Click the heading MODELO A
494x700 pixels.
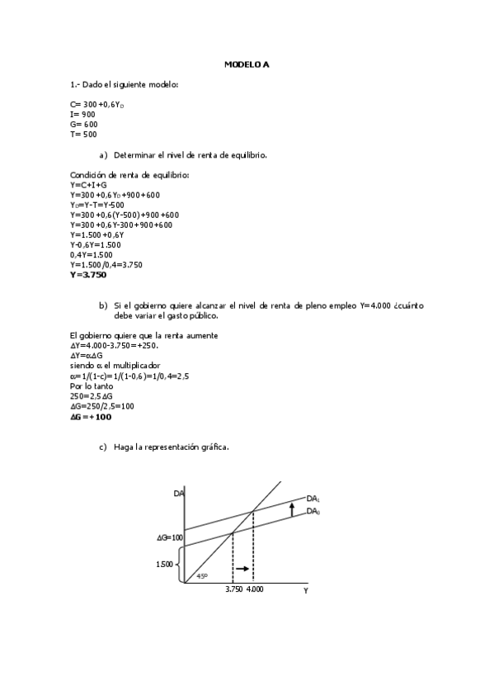coord(247,64)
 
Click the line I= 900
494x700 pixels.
coord(83,114)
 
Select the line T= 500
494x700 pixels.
coord(84,134)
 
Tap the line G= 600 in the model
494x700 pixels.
coord(84,124)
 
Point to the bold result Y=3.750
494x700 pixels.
coord(89,275)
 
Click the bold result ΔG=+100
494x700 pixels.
coord(91,417)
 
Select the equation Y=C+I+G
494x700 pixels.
coord(88,185)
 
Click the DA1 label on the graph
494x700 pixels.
coord(313,499)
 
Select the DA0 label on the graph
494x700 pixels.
coord(313,512)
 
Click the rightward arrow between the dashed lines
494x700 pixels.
coord(242,570)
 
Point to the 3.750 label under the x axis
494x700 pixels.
coord(233,589)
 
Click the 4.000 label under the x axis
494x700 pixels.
coord(255,589)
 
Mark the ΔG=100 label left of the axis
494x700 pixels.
coord(169,537)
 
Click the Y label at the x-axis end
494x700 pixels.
coord(305,590)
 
